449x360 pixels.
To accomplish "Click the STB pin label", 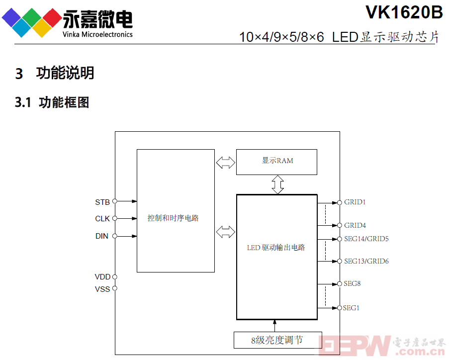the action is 102,202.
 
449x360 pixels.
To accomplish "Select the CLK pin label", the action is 102,218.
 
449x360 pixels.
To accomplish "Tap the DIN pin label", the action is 101,236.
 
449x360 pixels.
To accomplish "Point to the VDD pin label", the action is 102,276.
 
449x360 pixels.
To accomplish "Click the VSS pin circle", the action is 115,288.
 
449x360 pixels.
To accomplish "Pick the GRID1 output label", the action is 355,202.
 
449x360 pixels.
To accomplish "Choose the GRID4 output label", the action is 355,225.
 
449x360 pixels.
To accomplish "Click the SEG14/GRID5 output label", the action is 366,239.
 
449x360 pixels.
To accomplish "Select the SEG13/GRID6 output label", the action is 366,261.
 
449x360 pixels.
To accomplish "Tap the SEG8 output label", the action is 352,283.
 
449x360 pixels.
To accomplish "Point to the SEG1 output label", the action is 351,308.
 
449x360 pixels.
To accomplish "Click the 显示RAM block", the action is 276,162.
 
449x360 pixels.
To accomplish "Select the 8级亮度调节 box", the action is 278,340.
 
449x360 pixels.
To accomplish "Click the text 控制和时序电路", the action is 173,218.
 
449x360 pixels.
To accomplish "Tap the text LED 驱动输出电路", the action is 276,248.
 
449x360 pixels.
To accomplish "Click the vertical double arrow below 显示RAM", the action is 277,185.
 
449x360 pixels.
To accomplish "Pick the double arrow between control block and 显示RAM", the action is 226,163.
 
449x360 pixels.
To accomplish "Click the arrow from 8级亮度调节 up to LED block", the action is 274,326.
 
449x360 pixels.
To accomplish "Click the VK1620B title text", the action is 404,12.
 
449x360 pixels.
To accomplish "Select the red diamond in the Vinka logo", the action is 52,18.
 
